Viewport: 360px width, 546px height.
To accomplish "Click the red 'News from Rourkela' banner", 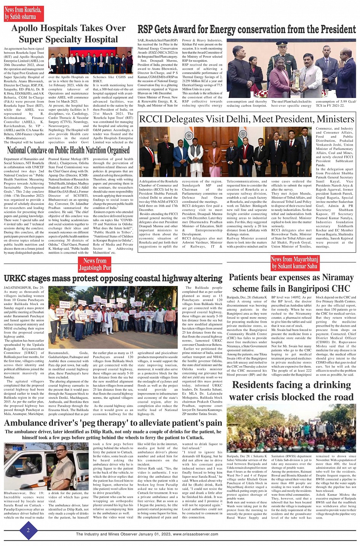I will [x=23, y=13].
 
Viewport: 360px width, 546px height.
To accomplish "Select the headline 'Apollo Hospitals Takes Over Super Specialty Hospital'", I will [x=69, y=34].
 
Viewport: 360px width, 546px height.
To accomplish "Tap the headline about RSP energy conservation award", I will [x=246, y=29].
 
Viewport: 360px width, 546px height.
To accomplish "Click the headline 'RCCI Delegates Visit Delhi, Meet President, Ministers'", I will [x=246, y=119].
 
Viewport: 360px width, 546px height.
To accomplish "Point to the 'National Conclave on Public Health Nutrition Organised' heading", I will [x=69, y=150].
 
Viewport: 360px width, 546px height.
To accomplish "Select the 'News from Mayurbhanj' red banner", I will [x=294, y=263].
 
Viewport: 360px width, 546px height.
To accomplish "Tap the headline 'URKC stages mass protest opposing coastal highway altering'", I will [x=113, y=278].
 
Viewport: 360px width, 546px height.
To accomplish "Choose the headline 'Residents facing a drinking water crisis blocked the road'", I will [x=291, y=390].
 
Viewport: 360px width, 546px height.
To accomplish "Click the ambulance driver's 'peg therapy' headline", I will [x=113, y=423].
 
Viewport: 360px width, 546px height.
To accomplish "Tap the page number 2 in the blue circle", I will [x=28, y=530].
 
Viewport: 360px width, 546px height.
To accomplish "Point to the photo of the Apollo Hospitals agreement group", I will [x=90, y=60].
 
